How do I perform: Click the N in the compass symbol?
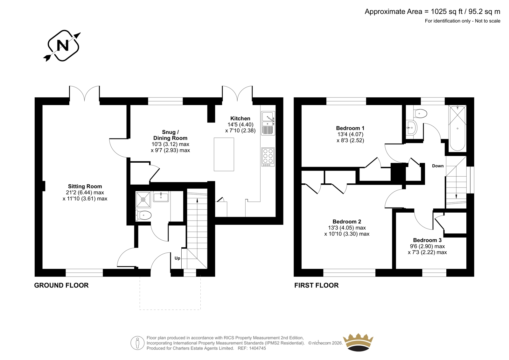pos(62,46)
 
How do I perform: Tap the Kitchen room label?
pos(240,118)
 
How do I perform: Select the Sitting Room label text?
pos(85,187)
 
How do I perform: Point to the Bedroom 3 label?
pos(427,240)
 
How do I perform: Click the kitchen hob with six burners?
pos(268,157)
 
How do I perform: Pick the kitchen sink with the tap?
pos(268,123)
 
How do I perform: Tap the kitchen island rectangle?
pos(224,154)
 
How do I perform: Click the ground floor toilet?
pos(143,215)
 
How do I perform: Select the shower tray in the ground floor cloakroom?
pos(143,200)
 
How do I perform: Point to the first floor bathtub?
pos(457,128)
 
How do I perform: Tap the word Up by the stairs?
pos(178,258)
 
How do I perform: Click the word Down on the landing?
pos(438,166)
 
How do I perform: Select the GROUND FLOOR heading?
pos(61,285)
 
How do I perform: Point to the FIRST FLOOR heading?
pos(316,285)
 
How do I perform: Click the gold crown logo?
pos(358,342)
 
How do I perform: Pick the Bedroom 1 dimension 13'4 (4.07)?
pos(350,134)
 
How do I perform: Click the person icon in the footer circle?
pos(137,343)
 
